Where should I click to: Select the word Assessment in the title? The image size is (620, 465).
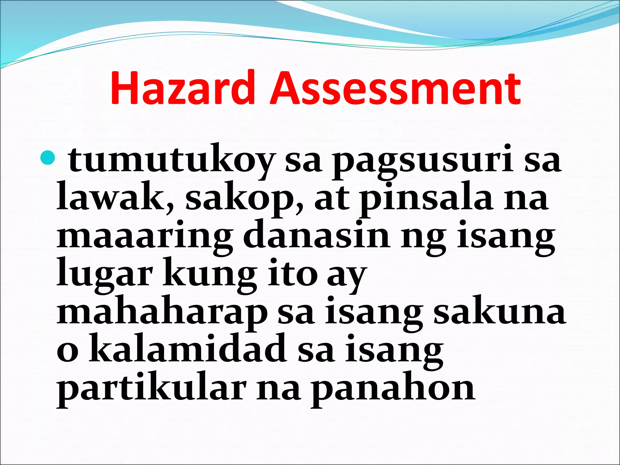[395, 88]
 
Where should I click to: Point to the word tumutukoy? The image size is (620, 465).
[171, 160]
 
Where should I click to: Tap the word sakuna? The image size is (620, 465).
[500, 312]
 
